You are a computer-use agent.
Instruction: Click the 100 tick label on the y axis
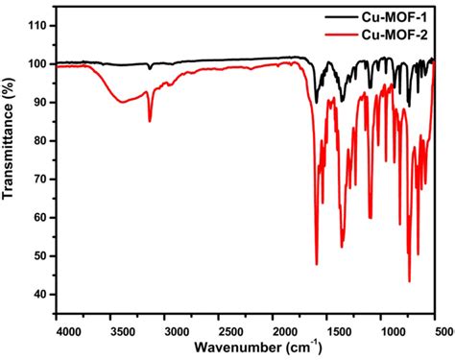coord(36,63)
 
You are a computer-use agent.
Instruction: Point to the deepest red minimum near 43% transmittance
coord(409,280)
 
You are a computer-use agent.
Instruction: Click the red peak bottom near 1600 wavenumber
coord(316,263)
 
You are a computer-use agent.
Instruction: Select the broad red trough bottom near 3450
coord(122,102)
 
